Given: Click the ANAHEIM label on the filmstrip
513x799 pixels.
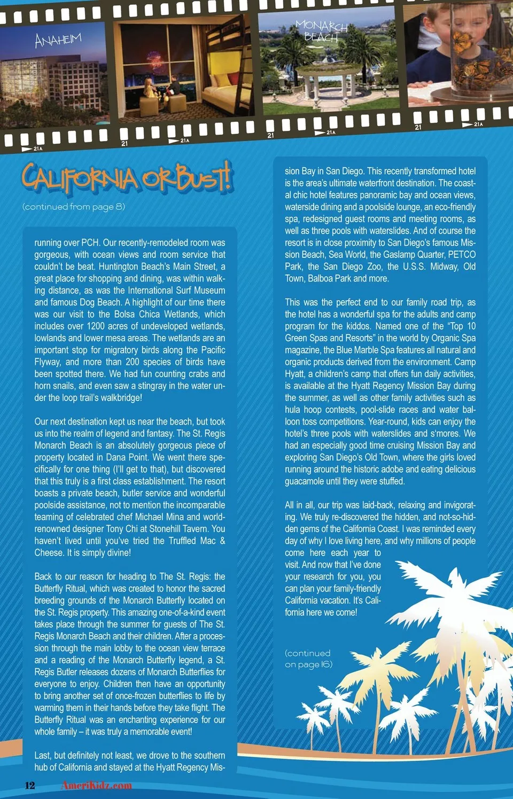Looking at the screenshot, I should pyautogui.click(x=58, y=40).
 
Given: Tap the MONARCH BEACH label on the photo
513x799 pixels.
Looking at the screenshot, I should pyautogui.click(x=321, y=32).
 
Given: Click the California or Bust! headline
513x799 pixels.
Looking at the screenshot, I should pyautogui.click(x=127, y=178).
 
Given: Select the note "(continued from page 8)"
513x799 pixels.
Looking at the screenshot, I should pyautogui.click(x=74, y=207).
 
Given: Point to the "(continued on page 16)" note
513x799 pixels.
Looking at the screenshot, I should pyautogui.click(x=308, y=659).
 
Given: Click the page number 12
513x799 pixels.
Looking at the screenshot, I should pyautogui.click(x=30, y=785).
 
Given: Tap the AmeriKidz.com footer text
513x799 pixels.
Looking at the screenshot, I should pyautogui.click(x=97, y=785).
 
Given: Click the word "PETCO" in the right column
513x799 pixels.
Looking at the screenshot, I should pyautogui.click(x=461, y=254).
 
